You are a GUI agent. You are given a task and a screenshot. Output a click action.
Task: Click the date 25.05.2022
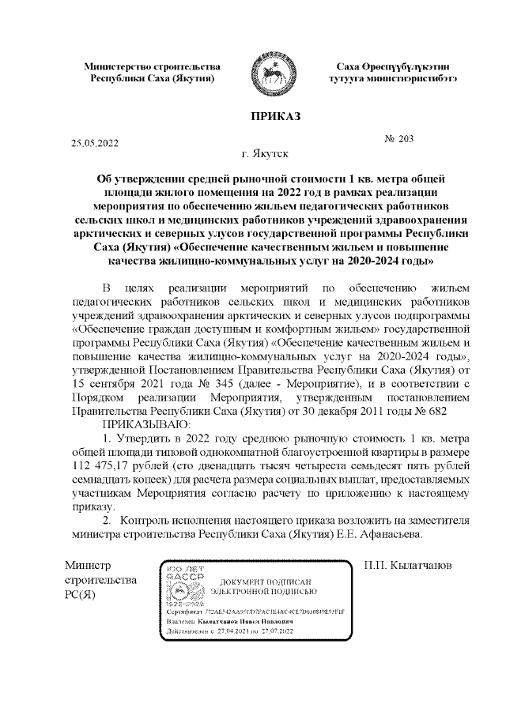pyautogui.click(x=94, y=143)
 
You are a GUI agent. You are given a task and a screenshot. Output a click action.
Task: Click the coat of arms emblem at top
pyautogui.click(x=270, y=74)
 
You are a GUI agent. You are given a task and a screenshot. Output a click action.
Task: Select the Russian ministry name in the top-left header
pyautogui.click(x=152, y=73)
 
